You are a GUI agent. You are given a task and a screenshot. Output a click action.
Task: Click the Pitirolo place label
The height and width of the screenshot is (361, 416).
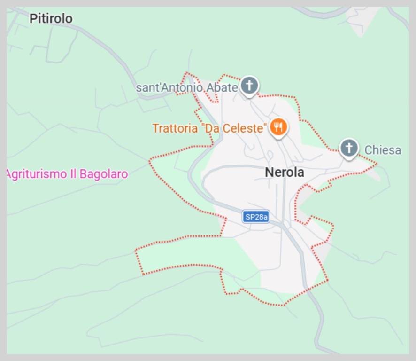pyautogui.click(x=51, y=19)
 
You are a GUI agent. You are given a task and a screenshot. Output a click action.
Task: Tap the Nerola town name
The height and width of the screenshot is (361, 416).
pyautogui.click(x=284, y=173)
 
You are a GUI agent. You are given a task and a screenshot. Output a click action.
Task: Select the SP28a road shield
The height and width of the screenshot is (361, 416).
pyautogui.click(x=256, y=217)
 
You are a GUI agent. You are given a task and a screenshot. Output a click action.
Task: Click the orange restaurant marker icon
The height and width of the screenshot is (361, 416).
pyautogui.click(x=278, y=126)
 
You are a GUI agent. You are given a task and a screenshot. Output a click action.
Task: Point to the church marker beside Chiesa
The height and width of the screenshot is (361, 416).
pyautogui.click(x=348, y=149)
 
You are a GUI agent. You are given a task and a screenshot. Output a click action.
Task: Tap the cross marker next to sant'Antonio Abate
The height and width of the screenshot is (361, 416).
pyautogui.click(x=249, y=86)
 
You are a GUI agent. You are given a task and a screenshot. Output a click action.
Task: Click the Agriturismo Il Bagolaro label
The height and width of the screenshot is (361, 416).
pyautogui.click(x=67, y=174)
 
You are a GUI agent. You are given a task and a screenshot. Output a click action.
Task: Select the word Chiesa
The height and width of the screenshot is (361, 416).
pyautogui.click(x=383, y=150)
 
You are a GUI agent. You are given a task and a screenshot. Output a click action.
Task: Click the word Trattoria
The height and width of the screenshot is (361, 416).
pyautogui.click(x=175, y=128)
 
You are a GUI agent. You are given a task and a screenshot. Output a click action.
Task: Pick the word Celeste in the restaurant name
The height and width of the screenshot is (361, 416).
pyautogui.click(x=245, y=128)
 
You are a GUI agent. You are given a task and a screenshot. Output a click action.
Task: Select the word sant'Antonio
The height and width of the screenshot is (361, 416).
pyautogui.click(x=169, y=88)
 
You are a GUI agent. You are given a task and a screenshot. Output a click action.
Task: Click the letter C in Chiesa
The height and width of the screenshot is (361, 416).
pyautogui.click(x=368, y=150)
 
